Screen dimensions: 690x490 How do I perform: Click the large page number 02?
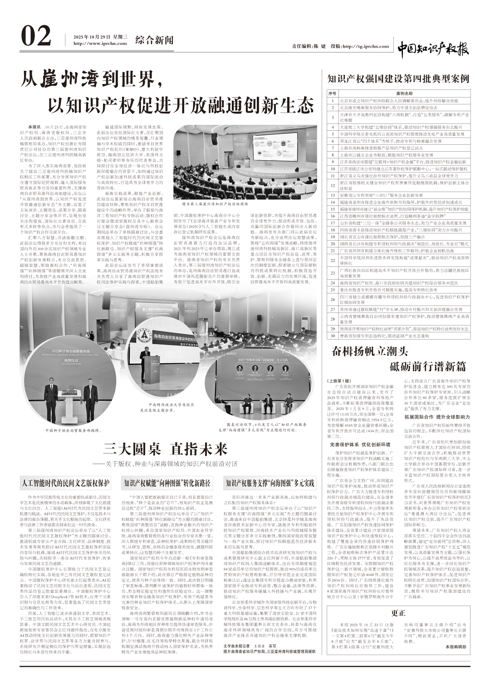[37, 38]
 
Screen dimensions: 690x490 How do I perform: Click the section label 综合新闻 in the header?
[154, 40]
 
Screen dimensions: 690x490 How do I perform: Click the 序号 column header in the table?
[332, 93]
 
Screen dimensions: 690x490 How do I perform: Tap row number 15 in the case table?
[332, 209]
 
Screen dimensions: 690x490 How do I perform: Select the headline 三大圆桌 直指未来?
[165, 449]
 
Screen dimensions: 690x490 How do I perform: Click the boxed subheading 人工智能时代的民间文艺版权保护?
[66, 482]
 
